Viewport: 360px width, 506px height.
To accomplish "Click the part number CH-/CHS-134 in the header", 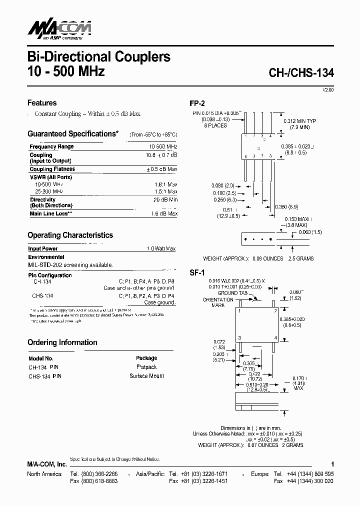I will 301,72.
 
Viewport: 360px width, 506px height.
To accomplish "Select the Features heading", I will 42,103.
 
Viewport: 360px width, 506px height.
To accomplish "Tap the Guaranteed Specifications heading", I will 73,134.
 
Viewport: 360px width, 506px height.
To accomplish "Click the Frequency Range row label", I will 51,146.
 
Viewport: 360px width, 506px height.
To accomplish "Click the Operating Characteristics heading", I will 70,235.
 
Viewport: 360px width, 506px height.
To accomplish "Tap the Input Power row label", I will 43,248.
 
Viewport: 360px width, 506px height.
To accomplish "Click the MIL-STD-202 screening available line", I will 70,265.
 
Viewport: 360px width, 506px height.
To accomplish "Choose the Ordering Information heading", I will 62,342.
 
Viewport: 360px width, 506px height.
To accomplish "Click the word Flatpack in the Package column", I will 146,367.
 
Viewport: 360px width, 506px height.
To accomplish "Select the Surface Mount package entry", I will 146,376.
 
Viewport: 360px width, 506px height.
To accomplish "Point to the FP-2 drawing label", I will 197,104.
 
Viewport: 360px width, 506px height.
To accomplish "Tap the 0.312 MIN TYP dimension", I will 300,121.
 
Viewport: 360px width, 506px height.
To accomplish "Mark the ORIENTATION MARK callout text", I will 218,302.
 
